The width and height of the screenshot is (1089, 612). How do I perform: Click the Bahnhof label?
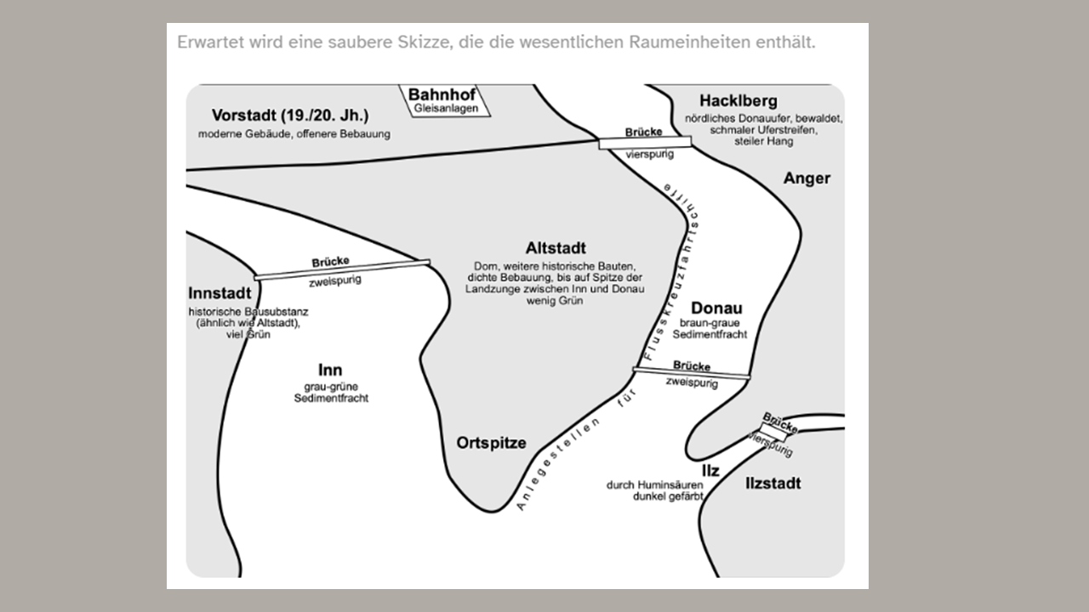pyautogui.click(x=442, y=94)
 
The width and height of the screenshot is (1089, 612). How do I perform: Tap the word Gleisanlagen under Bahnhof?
pyautogui.click(x=446, y=108)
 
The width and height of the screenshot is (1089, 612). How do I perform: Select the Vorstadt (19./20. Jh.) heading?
pyautogui.click(x=290, y=116)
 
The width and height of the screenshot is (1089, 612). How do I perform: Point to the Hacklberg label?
pyautogui.click(x=738, y=101)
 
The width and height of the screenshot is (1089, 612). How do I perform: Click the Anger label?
pyautogui.click(x=807, y=178)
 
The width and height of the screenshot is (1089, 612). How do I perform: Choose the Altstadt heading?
pyautogui.click(x=556, y=248)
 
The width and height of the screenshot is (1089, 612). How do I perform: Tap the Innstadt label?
pyautogui.click(x=220, y=293)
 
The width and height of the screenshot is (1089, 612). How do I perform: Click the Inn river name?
pyautogui.click(x=330, y=370)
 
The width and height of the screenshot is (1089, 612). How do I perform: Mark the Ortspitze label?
pyautogui.click(x=491, y=443)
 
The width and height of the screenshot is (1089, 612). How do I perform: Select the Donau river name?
pyautogui.click(x=716, y=308)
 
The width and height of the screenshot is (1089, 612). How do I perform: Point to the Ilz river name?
pyautogui.click(x=710, y=471)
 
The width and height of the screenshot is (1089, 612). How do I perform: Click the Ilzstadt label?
pyautogui.click(x=773, y=484)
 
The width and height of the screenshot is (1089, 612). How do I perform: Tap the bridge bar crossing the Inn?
pyautogui.click(x=342, y=270)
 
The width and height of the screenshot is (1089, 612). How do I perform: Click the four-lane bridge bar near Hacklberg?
pyautogui.click(x=645, y=142)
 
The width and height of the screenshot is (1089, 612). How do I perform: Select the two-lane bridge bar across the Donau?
pyautogui.click(x=692, y=373)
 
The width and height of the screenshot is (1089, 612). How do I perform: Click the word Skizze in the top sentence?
pyautogui.click(x=423, y=42)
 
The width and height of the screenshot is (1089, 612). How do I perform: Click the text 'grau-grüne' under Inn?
pyautogui.click(x=331, y=387)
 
